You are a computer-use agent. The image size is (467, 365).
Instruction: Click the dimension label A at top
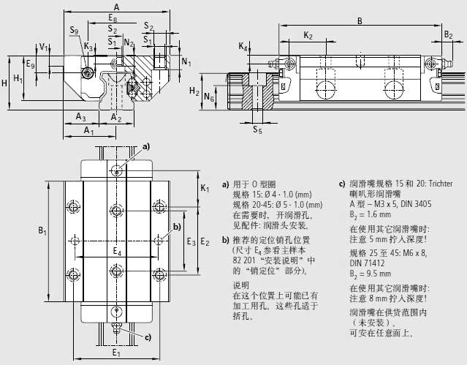point(116,7)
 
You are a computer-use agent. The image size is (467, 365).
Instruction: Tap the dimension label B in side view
point(360,21)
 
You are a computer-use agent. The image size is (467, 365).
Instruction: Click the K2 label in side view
point(308,35)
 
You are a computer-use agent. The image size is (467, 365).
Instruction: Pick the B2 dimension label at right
point(448,34)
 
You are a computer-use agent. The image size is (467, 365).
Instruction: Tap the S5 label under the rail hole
point(257,130)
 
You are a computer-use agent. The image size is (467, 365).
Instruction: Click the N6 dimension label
point(210,96)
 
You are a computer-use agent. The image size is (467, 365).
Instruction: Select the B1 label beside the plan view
point(42,232)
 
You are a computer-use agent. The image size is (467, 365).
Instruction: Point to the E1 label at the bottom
point(115,353)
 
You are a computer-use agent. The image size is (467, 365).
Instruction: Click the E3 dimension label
point(191,241)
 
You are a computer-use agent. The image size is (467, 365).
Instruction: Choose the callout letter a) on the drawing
point(145,147)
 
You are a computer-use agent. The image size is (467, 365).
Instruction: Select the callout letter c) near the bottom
point(148,337)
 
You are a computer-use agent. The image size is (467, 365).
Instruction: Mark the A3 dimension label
point(81,117)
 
